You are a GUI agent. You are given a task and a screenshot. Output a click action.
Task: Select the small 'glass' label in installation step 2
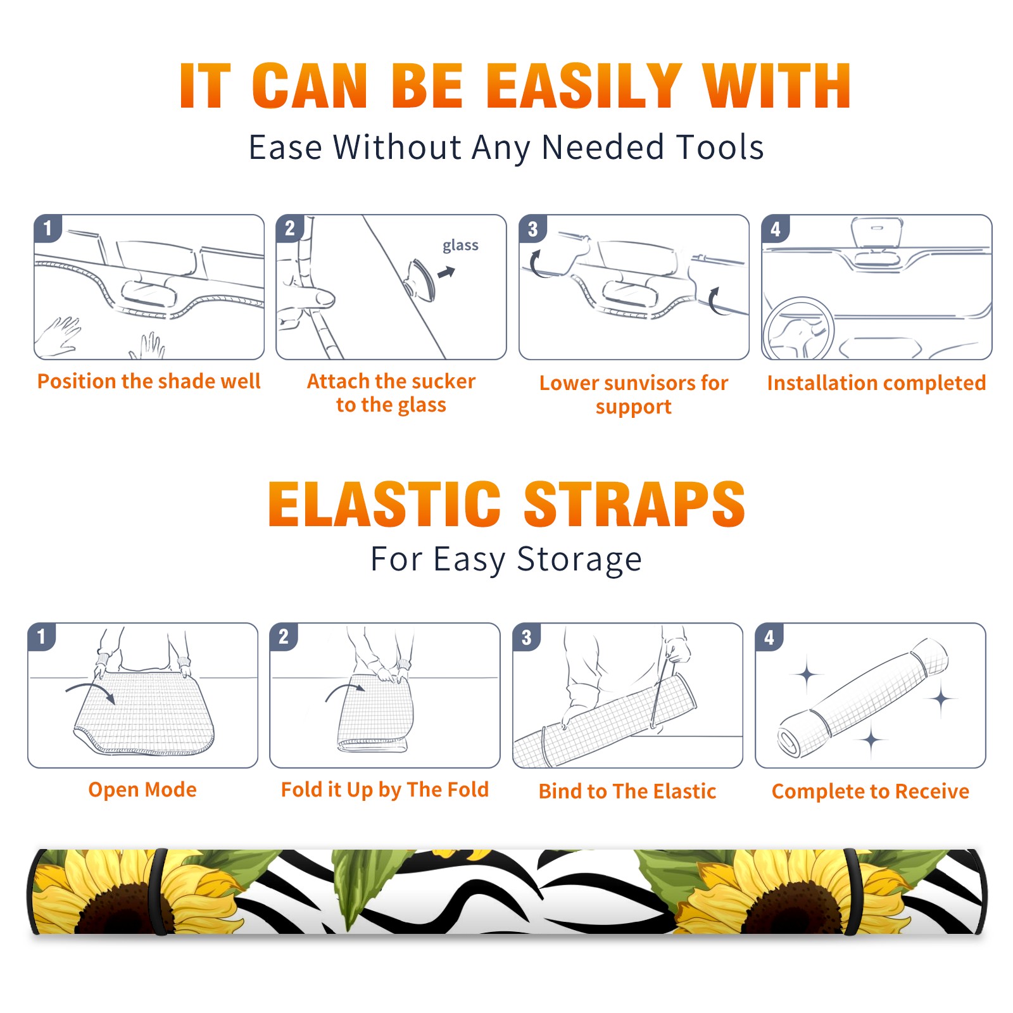(460, 245)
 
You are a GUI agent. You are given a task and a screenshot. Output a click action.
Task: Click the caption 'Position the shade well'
(149, 381)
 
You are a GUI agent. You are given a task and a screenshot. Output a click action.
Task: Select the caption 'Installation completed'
(876, 383)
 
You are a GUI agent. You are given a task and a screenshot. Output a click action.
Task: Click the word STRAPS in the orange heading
(634, 504)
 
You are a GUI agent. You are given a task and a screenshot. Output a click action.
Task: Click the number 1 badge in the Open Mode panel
(42, 636)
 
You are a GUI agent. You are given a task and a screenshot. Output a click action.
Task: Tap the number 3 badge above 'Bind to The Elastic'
(527, 637)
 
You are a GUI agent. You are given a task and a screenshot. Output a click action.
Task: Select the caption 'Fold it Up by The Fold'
(385, 790)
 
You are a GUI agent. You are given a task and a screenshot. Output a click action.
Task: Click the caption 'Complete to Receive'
(871, 791)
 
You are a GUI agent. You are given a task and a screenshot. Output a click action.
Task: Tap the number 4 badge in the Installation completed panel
(775, 229)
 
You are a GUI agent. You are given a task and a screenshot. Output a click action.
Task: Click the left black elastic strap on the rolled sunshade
(157, 892)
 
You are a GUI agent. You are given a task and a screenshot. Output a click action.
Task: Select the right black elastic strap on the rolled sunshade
(852, 892)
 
